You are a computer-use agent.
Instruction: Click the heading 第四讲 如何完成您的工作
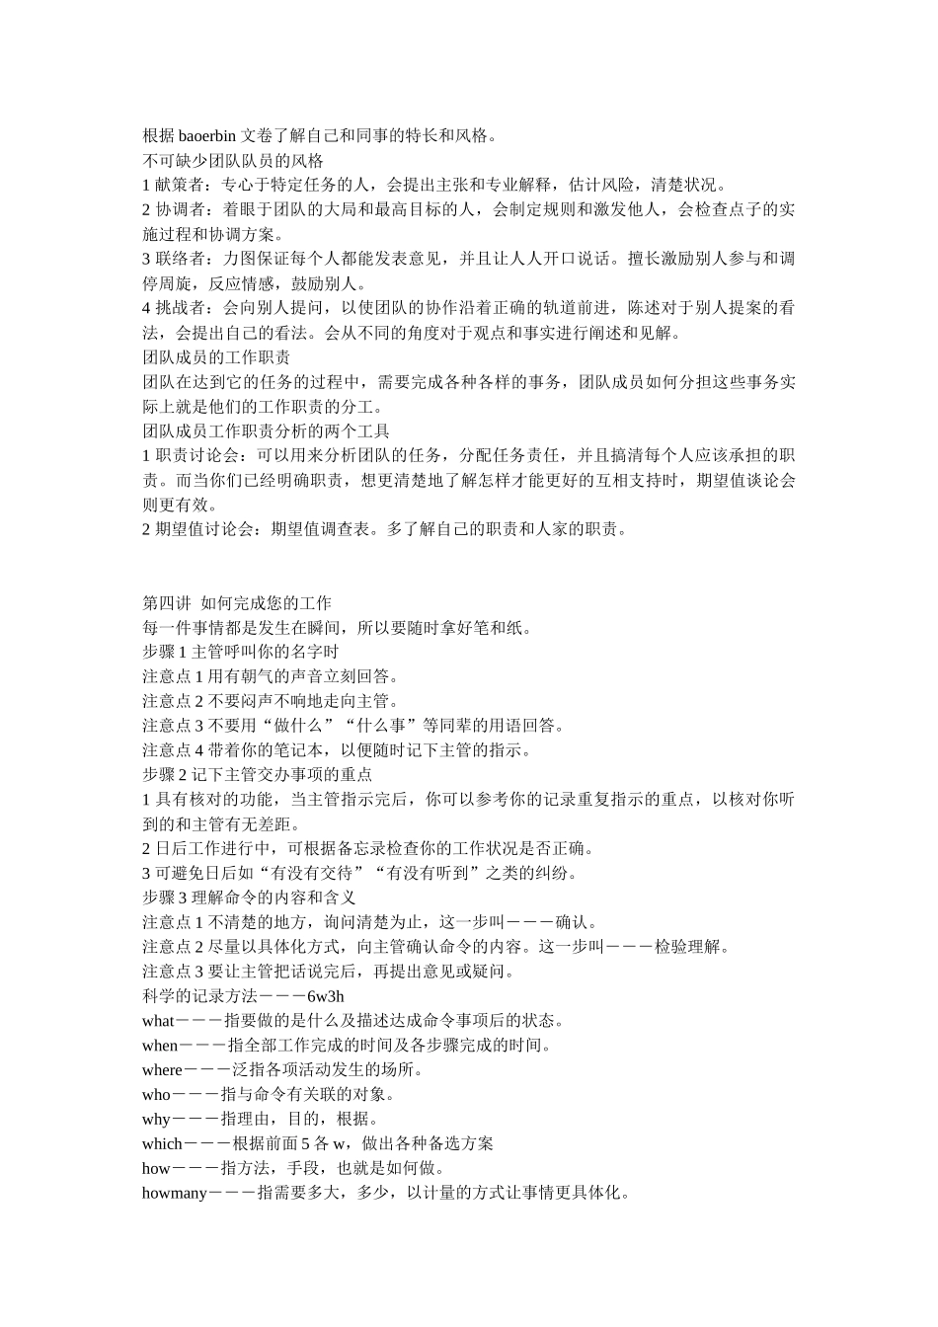tap(237, 603)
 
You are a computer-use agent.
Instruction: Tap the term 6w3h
tap(326, 996)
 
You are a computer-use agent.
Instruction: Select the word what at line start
tap(158, 1021)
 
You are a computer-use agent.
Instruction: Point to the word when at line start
tap(160, 1046)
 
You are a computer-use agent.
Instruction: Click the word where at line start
tap(162, 1070)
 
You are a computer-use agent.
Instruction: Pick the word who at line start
tap(156, 1095)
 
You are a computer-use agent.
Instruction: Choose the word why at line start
tap(156, 1120)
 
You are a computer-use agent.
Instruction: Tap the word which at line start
tap(162, 1144)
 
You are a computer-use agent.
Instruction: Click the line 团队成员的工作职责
tap(216, 357)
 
